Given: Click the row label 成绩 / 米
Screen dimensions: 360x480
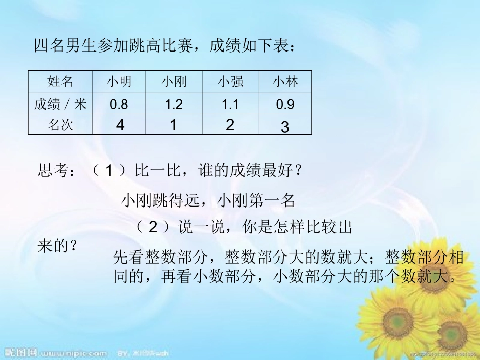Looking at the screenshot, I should [x=60, y=105].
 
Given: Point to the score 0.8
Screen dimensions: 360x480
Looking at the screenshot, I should [x=119, y=105].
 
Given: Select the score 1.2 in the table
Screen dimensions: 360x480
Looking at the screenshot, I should [x=174, y=105].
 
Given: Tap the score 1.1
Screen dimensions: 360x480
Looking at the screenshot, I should [x=230, y=105].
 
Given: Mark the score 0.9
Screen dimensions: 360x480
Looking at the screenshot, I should [x=285, y=105].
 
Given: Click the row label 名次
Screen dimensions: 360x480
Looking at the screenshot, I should [x=60, y=125].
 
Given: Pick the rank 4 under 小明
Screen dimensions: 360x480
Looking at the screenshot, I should [x=120, y=125].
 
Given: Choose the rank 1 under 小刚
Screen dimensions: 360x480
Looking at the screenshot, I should [x=173, y=125].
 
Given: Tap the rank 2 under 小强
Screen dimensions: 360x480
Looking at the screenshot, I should [x=230, y=125].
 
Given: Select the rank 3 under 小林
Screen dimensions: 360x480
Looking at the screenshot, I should [x=285, y=127].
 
